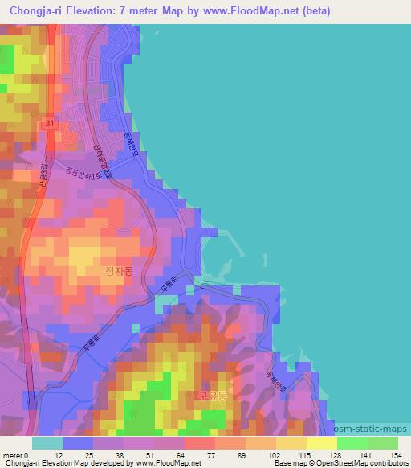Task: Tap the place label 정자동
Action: click(x=120, y=271)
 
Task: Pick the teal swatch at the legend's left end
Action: click(x=47, y=443)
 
